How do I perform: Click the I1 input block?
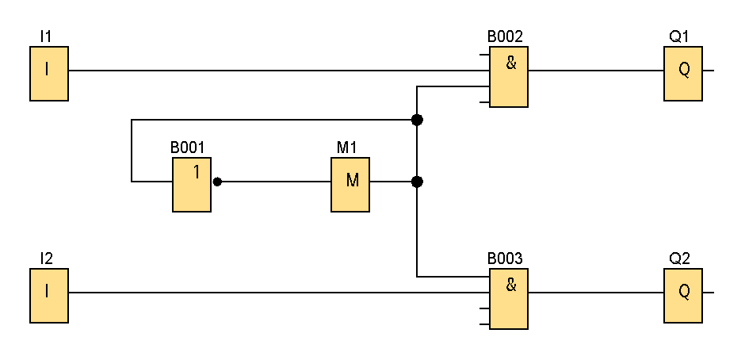pyautogui.click(x=49, y=74)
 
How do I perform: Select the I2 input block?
pyautogui.click(x=49, y=296)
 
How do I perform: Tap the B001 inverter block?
pyautogui.click(x=192, y=185)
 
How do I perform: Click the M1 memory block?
pyautogui.click(x=350, y=185)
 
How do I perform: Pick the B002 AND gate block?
pyautogui.click(x=509, y=77)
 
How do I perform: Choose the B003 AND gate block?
pyautogui.click(x=509, y=299)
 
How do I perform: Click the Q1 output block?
pyautogui.click(x=683, y=74)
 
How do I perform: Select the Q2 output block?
pyautogui.click(x=683, y=296)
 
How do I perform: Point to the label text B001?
pyautogui.click(x=187, y=147)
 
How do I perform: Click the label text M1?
pyautogui.click(x=347, y=147)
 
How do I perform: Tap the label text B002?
pyautogui.click(x=505, y=36)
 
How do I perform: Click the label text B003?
pyautogui.click(x=505, y=259)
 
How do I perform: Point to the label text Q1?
pyautogui.click(x=679, y=36)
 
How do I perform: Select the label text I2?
pyautogui.click(x=46, y=259)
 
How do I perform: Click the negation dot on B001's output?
pyautogui.click(x=217, y=182)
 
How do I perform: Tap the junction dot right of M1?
pyautogui.click(x=417, y=182)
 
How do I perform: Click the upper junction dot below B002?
pyautogui.click(x=417, y=120)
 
